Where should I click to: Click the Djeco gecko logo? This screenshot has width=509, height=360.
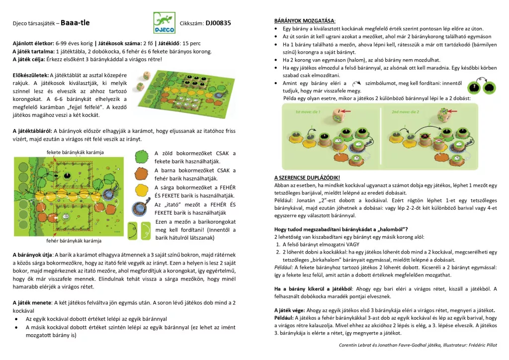[x=164, y=23]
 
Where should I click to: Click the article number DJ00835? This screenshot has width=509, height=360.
[x=218, y=23]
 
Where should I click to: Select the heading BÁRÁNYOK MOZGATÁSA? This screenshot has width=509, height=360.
[x=305, y=21]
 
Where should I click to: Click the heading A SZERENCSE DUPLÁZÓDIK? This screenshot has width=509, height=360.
[x=307, y=178]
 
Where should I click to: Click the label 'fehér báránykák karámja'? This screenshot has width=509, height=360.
[x=74, y=241]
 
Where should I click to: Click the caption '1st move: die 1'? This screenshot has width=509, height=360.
[x=308, y=111]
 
